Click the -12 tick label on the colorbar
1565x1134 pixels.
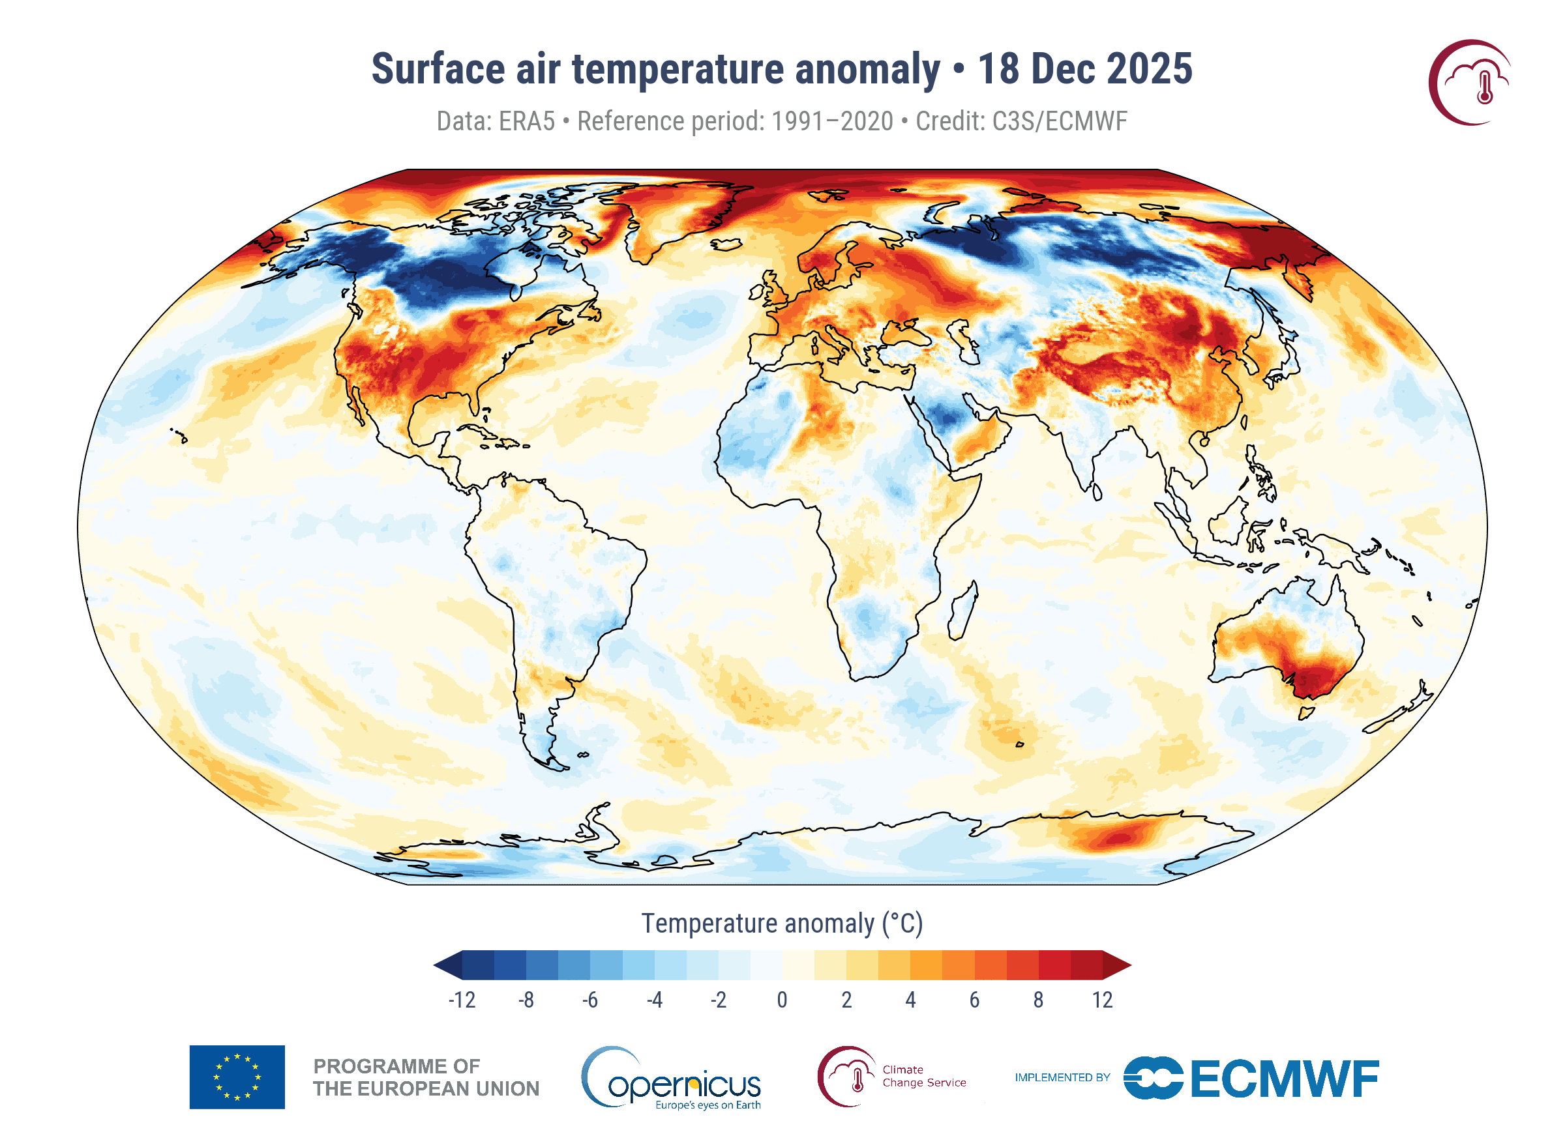(x=462, y=1000)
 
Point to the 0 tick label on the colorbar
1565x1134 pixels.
(x=782, y=1000)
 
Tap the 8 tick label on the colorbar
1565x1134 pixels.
(x=1038, y=1000)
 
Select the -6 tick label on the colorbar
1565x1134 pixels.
(x=589, y=1000)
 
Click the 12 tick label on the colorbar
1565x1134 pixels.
(x=1102, y=1000)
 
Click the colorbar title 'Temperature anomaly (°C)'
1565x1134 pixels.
(x=782, y=923)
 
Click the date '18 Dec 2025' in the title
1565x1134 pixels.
(x=1084, y=69)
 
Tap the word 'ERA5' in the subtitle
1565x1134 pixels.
(x=526, y=121)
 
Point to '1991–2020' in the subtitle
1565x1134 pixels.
(x=832, y=121)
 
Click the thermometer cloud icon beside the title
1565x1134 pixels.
(x=1470, y=82)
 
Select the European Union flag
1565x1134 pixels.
(x=237, y=1077)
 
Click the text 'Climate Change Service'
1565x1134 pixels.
(x=924, y=1076)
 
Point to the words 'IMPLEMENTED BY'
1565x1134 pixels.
(x=1062, y=1077)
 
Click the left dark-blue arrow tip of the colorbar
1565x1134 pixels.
(x=435, y=966)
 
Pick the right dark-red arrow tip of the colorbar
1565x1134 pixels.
(x=1130, y=966)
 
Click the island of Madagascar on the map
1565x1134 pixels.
(x=963, y=611)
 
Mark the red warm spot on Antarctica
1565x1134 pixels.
(x=1118, y=838)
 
